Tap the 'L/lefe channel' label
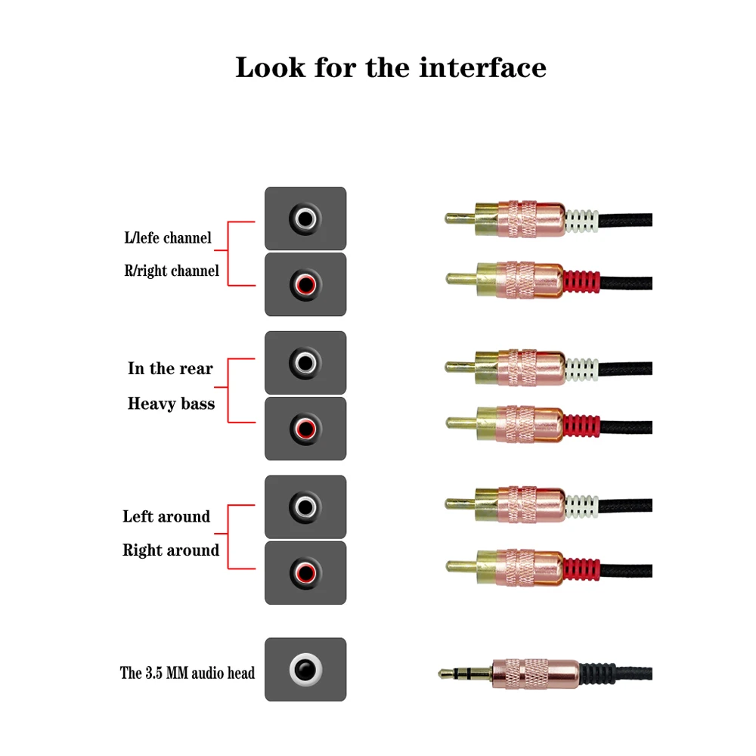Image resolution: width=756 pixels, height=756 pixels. pos(168,238)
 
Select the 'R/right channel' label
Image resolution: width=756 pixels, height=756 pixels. pos(172,271)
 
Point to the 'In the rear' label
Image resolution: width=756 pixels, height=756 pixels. pos(170,369)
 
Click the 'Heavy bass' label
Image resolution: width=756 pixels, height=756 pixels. pos(171,404)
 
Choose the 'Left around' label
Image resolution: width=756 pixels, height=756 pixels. pos(166,517)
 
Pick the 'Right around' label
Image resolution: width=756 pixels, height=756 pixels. pos(171,550)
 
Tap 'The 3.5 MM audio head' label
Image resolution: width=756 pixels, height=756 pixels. pos(187,673)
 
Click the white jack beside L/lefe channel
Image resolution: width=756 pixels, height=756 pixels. pos(305,219)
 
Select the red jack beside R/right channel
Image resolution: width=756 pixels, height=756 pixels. pos(305,285)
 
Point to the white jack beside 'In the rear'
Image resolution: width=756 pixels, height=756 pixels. pos(305,364)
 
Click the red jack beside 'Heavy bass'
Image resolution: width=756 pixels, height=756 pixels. pos(305,429)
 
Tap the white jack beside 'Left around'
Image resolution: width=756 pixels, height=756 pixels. pos(305,507)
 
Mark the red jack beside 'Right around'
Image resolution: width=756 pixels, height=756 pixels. pos(305,572)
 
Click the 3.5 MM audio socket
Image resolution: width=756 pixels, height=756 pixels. pos(305,670)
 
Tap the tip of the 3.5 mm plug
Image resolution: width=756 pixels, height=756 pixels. pos(445,673)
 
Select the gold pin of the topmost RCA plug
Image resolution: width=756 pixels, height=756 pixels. pos(458,219)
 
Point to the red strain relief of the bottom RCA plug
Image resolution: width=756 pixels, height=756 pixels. pos(581,565)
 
